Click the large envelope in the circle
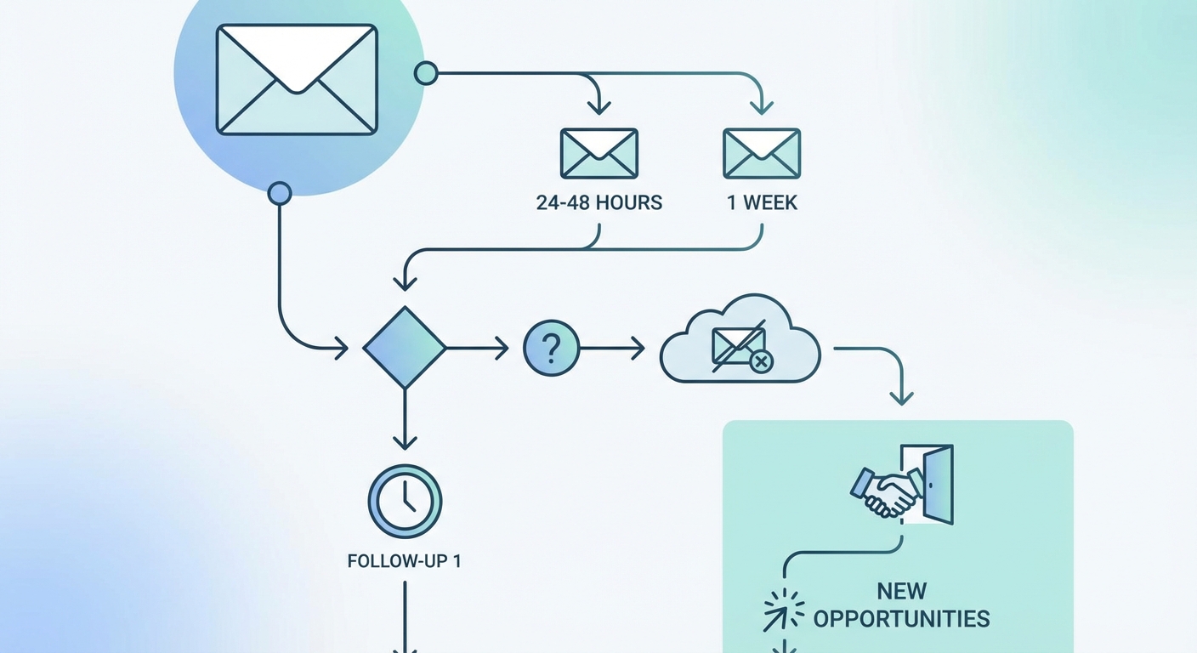pos(296,79)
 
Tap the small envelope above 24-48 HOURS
pos(599,153)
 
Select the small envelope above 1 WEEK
pos(761,153)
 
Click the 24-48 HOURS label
pos(599,203)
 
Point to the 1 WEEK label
pos(761,203)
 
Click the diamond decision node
pos(404,348)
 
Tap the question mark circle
pos(552,348)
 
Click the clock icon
pos(405,501)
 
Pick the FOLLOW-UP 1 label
pos(405,562)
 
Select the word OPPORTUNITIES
pos(901,618)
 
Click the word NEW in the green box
pos(901,591)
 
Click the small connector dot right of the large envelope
pos(426,73)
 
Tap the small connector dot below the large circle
pos(279,194)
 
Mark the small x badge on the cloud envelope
pos(762,362)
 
